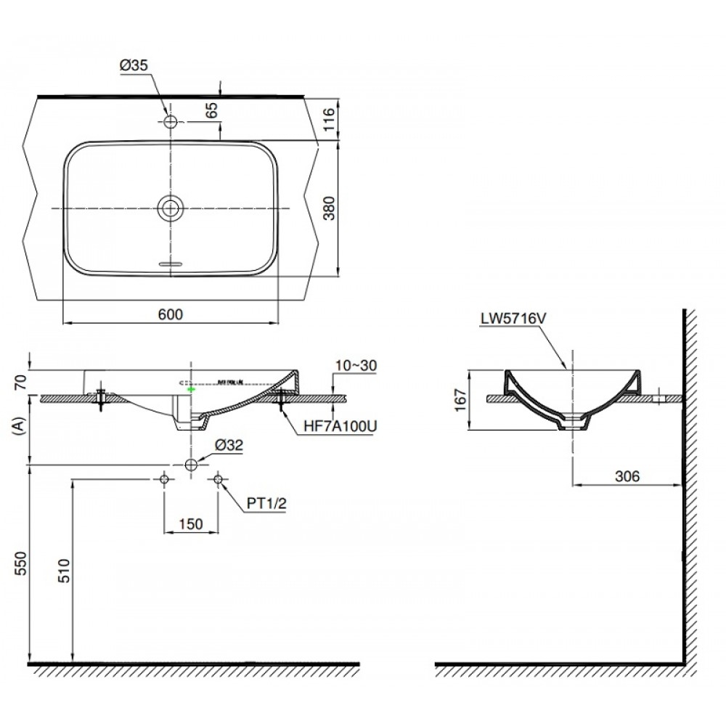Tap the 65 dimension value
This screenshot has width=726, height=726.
[212, 110]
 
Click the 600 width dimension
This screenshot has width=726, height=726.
[169, 314]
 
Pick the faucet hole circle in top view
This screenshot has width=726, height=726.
[171, 122]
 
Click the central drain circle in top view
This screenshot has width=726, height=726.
[171, 208]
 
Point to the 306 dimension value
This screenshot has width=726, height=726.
[627, 476]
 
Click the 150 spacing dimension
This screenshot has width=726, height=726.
[191, 524]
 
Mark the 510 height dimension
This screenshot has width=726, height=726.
[62, 574]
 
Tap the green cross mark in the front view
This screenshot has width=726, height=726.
[191, 390]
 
